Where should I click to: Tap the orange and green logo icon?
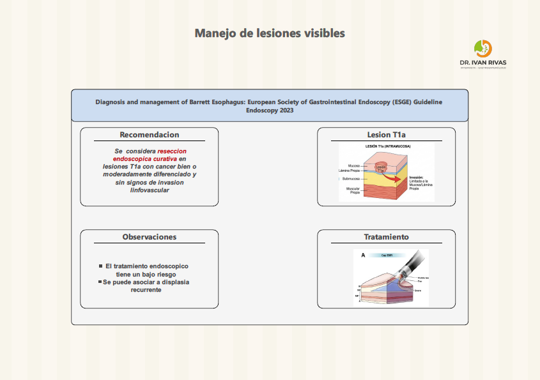pyautogui.click(x=482, y=49)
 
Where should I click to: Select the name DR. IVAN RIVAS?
pyautogui.click(x=482, y=63)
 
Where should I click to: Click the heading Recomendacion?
pyautogui.click(x=150, y=135)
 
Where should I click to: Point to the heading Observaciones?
pyautogui.click(x=150, y=237)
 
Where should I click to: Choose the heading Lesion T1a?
pyautogui.click(x=386, y=135)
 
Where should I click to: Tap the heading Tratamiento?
pyautogui.click(x=386, y=237)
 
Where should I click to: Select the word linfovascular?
pyautogui.click(x=150, y=190)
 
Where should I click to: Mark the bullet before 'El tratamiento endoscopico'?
pyautogui.click(x=100, y=266)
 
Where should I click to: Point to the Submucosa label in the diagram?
pyautogui.click(x=350, y=179)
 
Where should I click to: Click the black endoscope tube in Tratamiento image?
pyautogui.click(x=413, y=261)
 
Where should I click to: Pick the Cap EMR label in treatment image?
pyautogui.click(x=386, y=255)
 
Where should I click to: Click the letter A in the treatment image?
pyautogui.click(x=363, y=255)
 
